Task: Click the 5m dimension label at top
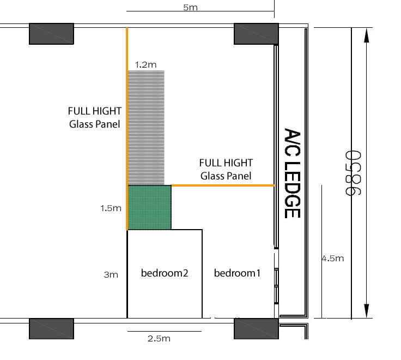190,7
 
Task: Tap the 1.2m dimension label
145,64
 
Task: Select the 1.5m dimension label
111,208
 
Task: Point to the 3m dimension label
111,274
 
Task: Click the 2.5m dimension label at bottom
159,338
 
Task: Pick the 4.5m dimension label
333,258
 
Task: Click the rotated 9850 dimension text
353,173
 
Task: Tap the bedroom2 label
165,273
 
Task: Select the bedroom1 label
237,273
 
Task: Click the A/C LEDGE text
292,173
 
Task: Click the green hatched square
149,207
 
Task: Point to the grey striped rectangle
146,128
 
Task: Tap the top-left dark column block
51,34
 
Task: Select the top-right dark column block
256,34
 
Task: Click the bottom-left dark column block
51,329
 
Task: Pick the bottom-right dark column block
256,329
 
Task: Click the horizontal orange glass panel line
223,185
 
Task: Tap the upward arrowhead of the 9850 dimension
367,35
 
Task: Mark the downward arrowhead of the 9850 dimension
367,311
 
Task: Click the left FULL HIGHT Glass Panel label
95,117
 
